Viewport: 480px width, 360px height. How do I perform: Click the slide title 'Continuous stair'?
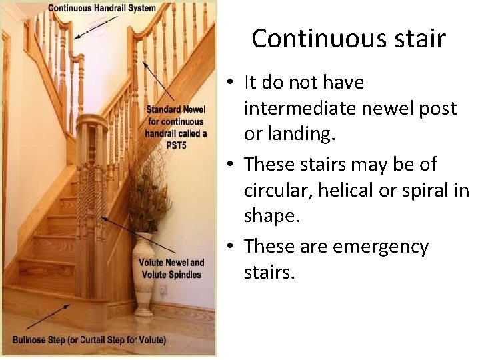point(348,39)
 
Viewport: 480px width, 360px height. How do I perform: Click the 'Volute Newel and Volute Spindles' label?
point(171,269)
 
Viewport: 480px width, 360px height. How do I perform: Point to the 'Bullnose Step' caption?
point(89,341)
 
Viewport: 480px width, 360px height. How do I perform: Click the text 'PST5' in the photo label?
point(175,145)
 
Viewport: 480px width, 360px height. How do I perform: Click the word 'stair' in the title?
point(417,39)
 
